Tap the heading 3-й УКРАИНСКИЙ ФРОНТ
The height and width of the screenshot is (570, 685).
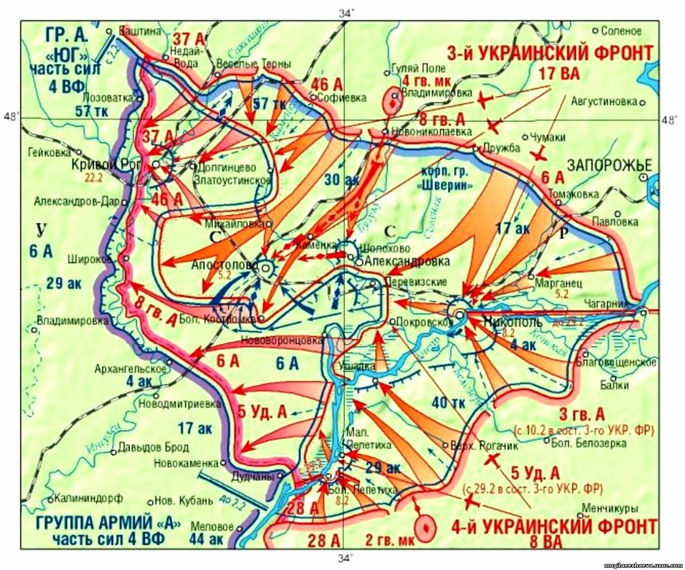(550, 54)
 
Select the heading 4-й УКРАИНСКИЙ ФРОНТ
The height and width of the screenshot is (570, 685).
(554, 526)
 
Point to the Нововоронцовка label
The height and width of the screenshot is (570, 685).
(282, 340)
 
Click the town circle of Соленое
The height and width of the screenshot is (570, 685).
(595, 31)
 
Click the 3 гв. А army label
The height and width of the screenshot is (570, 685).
(582, 415)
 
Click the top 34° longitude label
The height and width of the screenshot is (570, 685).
(346, 14)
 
